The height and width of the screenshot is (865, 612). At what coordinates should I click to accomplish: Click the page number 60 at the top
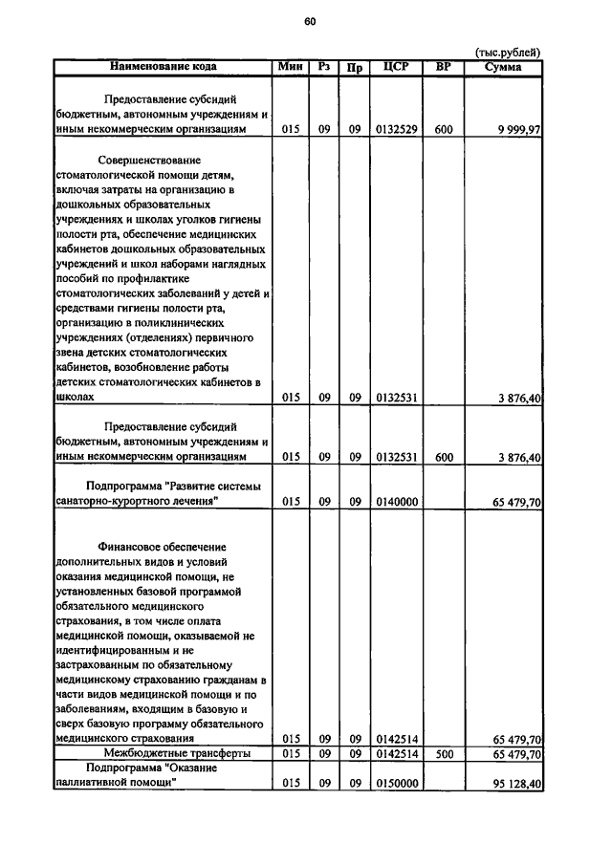(x=309, y=21)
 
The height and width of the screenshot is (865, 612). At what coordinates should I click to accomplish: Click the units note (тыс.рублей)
(x=508, y=52)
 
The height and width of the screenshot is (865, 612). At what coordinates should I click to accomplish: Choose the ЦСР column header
(x=396, y=66)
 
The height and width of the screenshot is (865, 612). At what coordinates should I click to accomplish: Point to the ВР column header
(x=443, y=66)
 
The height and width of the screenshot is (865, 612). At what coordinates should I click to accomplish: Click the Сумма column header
(x=503, y=66)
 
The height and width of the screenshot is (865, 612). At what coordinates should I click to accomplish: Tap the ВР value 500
(x=443, y=754)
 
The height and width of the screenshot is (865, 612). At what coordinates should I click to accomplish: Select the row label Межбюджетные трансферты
(x=164, y=754)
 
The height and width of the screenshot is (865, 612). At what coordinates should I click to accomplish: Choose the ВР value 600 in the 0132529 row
(x=443, y=130)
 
